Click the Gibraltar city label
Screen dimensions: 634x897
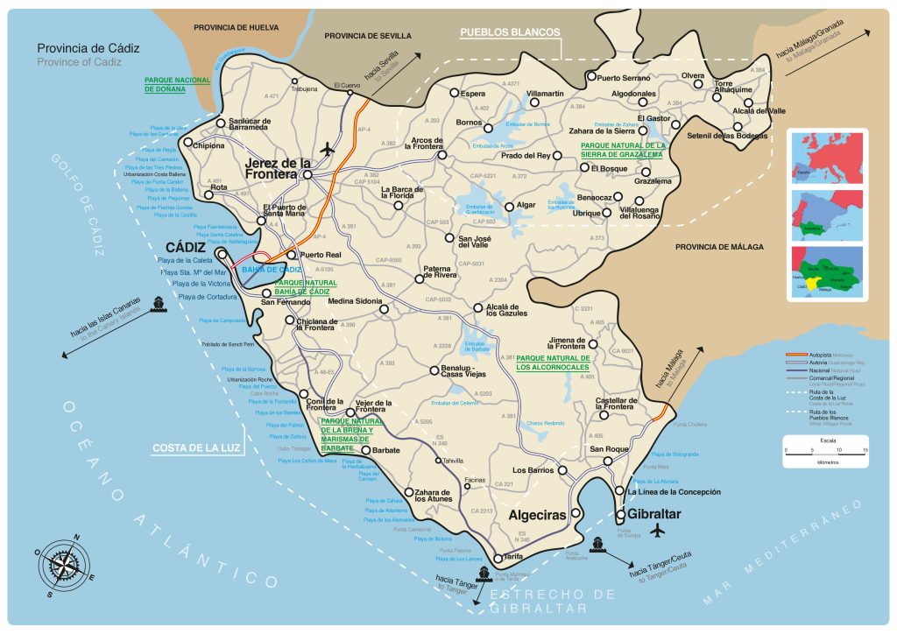[649, 514]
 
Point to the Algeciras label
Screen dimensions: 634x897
[538, 516]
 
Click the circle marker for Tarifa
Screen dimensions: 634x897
[497, 558]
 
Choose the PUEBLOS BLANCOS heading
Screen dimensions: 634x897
[510, 32]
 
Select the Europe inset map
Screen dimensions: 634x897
[826, 157]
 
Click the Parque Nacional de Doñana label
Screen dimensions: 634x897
[178, 84]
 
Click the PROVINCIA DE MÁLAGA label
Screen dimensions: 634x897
[718, 248]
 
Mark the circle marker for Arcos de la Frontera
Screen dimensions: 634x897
[442, 154]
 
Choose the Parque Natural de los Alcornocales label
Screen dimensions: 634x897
[553, 363]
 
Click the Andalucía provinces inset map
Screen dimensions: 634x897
[826, 273]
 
